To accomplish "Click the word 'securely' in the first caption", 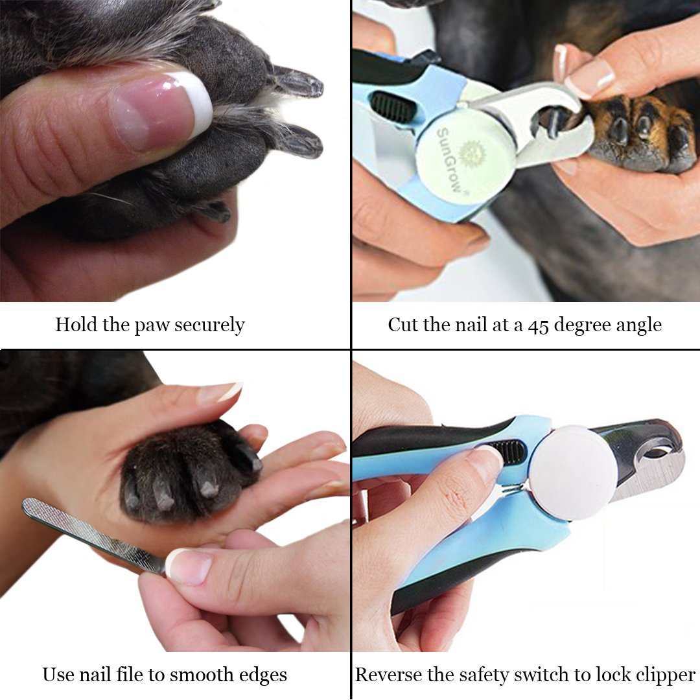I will [209, 325].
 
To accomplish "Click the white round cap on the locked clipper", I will [573, 472].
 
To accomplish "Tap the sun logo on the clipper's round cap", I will [471, 153].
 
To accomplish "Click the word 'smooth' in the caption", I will [215, 675].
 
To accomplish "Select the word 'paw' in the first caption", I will [150, 325].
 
